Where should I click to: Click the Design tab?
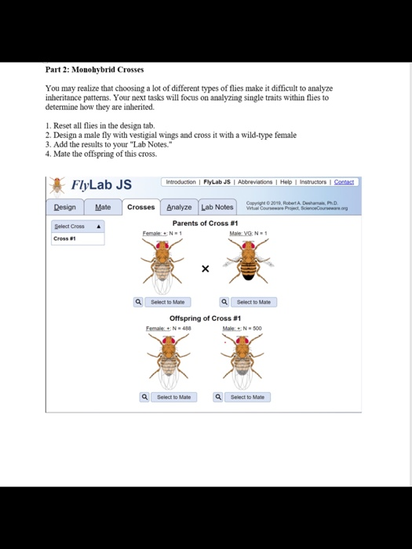pyautogui.click(x=65, y=207)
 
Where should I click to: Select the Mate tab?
pyautogui.click(x=103, y=207)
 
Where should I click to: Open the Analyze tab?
pyautogui.click(x=179, y=207)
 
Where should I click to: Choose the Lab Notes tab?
pyautogui.click(x=217, y=207)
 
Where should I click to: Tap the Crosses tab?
pyautogui.click(x=141, y=207)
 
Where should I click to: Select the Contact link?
pyautogui.click(x=344, y=182)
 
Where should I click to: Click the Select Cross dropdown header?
pyautogui.click(x=77, y=227)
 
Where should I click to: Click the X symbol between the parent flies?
pyautogui.click(x=206, y=269)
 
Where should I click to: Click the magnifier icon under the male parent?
pyautogui.click(x=224, y=302)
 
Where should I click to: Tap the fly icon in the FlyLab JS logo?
pyautogui.click(x=57, y=185)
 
